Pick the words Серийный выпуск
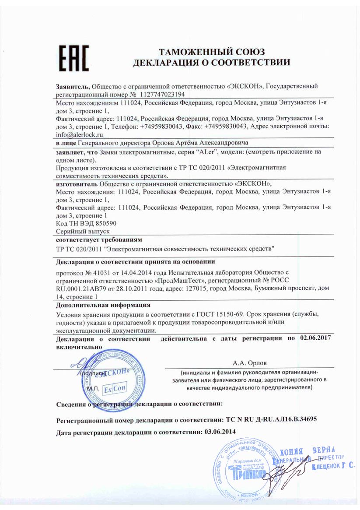click(x=83, y=231)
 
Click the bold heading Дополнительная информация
click(x=103, y=305)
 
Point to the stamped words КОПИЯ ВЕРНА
click(x=307, y=451)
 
